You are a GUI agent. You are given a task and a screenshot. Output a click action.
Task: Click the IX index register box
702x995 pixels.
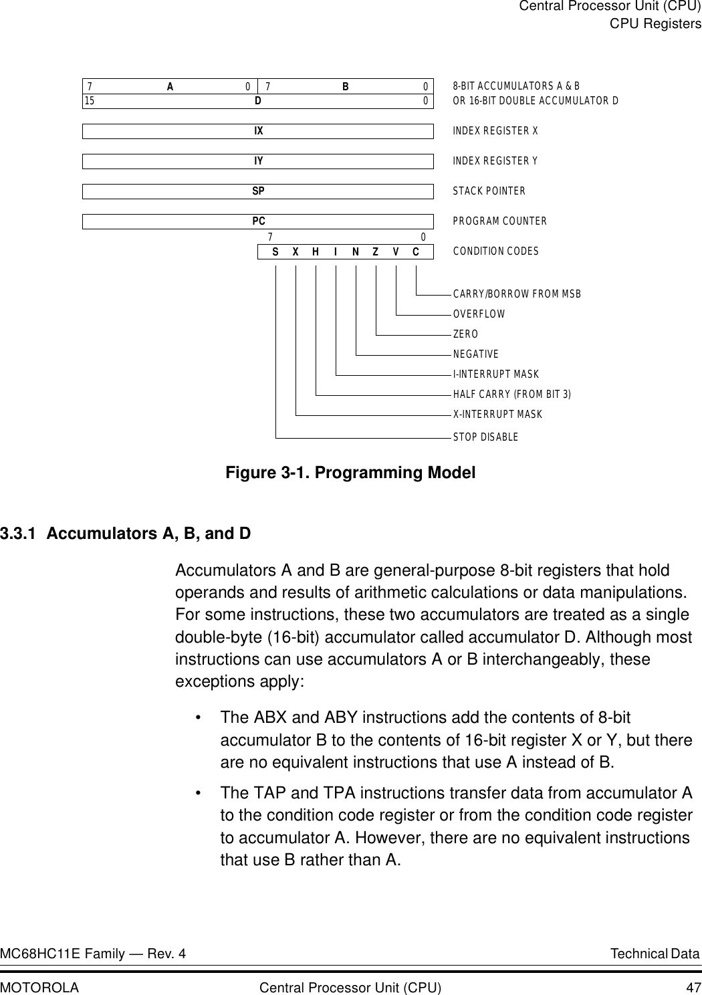(x=258, y=131)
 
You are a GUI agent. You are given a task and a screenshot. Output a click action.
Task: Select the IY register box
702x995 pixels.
(x=258, y=161)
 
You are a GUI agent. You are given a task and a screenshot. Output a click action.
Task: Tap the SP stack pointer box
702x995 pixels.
(x=258, y=191)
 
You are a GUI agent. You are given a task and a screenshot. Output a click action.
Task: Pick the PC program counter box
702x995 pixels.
(x=258, y=221)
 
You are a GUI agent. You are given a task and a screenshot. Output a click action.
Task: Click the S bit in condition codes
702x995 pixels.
(x=275, y=252)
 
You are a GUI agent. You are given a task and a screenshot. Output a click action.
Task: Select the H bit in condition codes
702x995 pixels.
(x=316, y=252)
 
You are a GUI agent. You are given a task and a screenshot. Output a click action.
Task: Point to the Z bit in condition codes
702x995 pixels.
(x=376, y=252)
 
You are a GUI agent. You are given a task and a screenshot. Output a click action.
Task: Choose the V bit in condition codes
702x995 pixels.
(x=396, y=252)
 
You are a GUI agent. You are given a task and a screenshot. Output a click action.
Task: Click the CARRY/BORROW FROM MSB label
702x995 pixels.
(x=517, y=294)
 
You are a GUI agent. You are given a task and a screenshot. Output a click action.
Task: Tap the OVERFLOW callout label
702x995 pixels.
(x=479, y=314)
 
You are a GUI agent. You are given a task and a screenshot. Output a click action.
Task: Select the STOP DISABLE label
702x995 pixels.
(x=485, y=437)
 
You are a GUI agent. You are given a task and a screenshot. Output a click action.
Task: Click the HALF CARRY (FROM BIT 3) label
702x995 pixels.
(x=512, y=395)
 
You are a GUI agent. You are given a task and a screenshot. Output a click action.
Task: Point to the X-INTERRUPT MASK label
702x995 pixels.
(x=497, y=415)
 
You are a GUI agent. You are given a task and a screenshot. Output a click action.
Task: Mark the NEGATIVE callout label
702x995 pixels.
(x=475, y=354)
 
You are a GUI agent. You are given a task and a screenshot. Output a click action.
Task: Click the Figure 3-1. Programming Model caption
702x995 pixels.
(x=350, y=473)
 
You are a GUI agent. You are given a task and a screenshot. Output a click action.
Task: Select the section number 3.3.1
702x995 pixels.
(x=19, y=534)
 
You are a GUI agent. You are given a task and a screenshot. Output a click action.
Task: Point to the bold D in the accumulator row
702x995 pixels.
(x=258, y=101)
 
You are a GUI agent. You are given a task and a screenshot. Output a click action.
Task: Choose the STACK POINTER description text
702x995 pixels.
(x=489, y=192)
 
